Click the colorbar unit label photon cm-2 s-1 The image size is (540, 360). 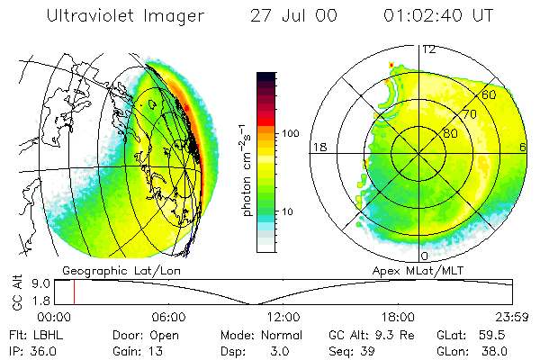(247, 171)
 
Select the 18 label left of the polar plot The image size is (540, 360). (318, 147)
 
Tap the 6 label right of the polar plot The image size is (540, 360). (524, 147)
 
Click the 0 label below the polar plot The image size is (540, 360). (424, 244)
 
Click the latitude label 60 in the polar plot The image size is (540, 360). (489, 95)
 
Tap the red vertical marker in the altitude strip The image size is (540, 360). (74, 292)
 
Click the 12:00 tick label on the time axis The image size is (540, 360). (284, 317)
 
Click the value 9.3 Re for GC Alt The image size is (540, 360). (382, 334)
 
